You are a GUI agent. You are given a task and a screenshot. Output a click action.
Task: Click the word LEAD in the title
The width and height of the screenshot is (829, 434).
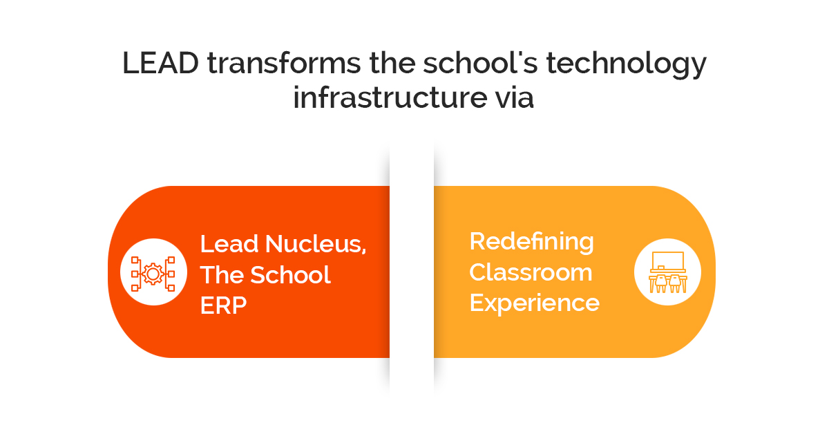(x=160, y=63)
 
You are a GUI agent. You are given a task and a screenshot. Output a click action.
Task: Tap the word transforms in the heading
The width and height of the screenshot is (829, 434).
(x=284, y=63)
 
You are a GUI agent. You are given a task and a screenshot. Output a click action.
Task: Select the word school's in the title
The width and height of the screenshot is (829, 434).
(x=480, y=63)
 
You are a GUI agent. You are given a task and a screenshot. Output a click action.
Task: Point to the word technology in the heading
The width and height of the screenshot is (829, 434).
(x=626, y=65)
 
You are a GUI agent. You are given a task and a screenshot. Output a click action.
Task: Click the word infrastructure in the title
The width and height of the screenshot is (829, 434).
(x=390, y=97)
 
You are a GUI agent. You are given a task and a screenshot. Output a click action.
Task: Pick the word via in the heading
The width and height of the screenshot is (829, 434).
(x=515, y=97)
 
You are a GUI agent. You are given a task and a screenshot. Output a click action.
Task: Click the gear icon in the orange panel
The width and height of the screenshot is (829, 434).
(x=153, y=274)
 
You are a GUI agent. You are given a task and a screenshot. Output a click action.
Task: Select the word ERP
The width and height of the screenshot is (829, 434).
(x=223, y=305)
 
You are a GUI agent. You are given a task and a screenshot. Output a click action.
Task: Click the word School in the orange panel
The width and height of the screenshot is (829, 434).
(x=291, y=275)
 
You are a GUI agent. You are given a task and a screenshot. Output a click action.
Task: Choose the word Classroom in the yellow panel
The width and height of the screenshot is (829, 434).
(x=531, y=272)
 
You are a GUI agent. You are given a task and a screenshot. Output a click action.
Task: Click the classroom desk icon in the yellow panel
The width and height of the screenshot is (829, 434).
(x=667, y=272)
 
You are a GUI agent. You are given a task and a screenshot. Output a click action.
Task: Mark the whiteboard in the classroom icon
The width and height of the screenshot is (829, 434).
(x=668, y=261)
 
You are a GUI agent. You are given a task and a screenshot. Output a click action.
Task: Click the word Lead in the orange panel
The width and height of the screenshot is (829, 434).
(x=229, y=244)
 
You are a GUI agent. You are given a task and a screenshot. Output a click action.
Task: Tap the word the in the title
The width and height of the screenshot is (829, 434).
(x=392, y=63)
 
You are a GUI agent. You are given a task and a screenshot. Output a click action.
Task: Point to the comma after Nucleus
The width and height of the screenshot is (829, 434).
(x=364, y=252)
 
